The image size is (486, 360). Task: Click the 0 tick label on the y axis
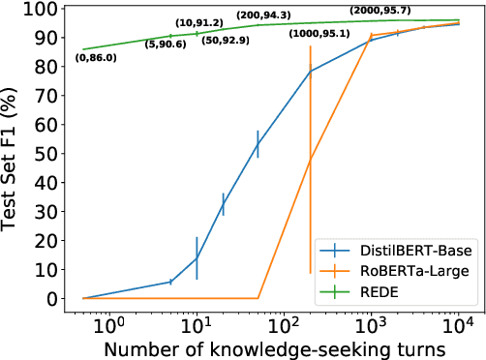(61, 299)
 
